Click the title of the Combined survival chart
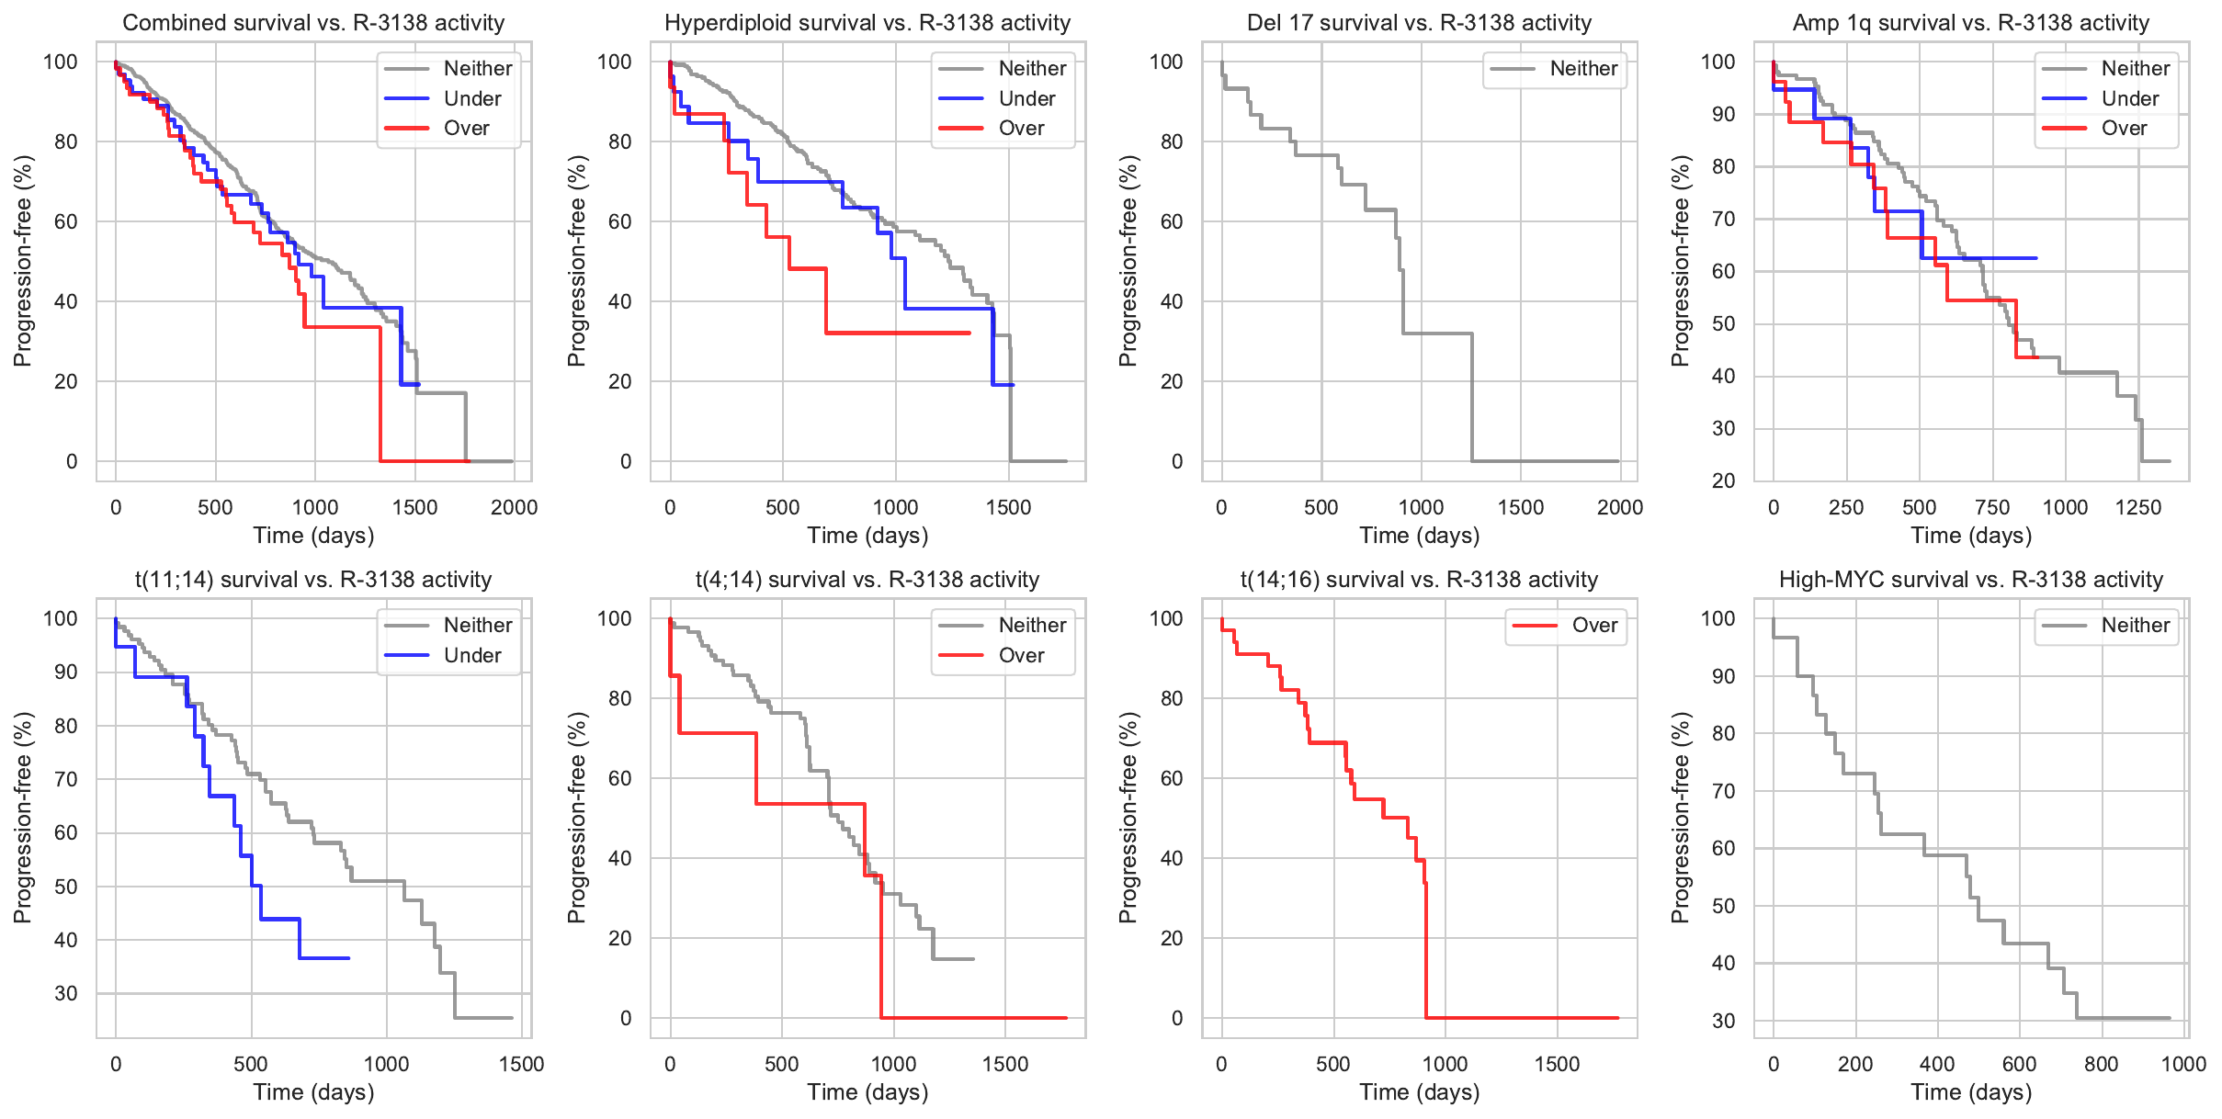pos(313,23)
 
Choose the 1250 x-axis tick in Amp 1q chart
pos(2138,507)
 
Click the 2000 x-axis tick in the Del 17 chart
pos(1619,507)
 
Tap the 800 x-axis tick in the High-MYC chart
pos(2101,1064)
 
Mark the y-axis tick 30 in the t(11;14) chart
pos(66,993)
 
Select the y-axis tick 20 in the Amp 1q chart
pos(1723,480)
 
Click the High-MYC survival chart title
pos(1971,580)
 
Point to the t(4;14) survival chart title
pos(867,580)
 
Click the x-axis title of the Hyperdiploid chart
pos(867,536)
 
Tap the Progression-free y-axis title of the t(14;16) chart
pos(1128,818)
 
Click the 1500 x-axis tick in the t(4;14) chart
pos(1005,1064)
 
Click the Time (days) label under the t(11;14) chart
pos(313,1092)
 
